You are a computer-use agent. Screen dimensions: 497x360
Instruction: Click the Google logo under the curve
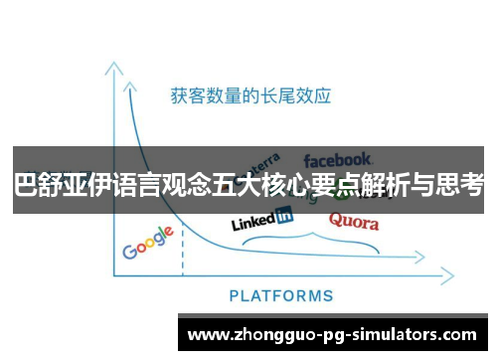(147, 243)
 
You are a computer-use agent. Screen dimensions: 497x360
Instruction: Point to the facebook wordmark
(338, 159)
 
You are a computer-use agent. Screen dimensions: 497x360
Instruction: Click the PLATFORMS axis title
(281, 295)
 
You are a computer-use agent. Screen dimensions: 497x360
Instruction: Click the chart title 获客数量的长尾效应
(250, 96)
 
